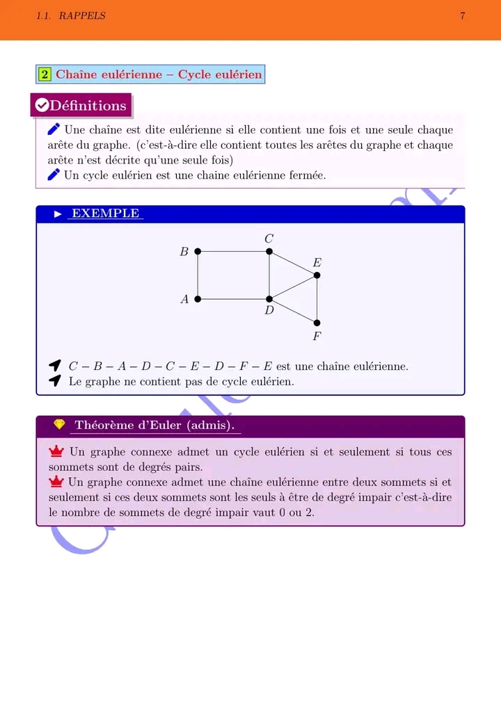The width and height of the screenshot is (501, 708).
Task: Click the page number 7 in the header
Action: pyautogui.click(x=463, y=16)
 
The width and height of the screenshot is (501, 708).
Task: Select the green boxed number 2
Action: pyautogui.click(x=45, y=74)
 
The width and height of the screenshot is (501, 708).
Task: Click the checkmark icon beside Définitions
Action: pyautogui.click(x=42, y=106)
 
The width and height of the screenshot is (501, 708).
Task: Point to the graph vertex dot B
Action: pyautogui.click(x=198, y=251)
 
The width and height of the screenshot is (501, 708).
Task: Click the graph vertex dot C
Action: pyautogui.click(x=269, y=251)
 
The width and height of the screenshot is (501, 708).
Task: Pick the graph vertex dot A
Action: pyautogui.click(x=198, y=299)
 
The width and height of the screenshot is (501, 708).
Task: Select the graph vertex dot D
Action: pyautogui.click(x=269, y=299)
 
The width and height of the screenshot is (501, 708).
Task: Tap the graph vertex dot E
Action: pyautogui.click(x=317, y=275)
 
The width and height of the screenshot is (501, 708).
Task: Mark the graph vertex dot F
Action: pyautogui.click(x=317, y=323)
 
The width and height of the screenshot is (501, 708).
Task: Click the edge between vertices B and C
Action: pyautogui.click(x=233, y=251)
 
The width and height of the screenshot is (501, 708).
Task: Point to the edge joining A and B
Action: pyautogui.click(x=198, y=275)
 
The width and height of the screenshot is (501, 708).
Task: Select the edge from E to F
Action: pyautogui.click(x=317, y=299)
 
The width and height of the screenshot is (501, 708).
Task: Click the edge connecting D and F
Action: pyautogui.click(x=293, y=311)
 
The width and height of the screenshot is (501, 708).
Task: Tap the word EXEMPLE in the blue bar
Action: pyautogui.click(x=106, y=214)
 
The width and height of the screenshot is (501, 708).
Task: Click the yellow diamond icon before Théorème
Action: pyautogui.click(x=59, y=425)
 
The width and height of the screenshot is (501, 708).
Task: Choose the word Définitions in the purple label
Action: pyautogui.click(x=88, y=106)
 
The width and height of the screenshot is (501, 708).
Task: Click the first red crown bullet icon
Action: pyautogui.click(x=56, y=452)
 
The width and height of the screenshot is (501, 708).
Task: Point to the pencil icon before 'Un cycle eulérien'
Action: pyautogui.click(x=54, y=175)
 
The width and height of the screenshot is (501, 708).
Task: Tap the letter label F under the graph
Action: pyautogui.click(x=317, y=337)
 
